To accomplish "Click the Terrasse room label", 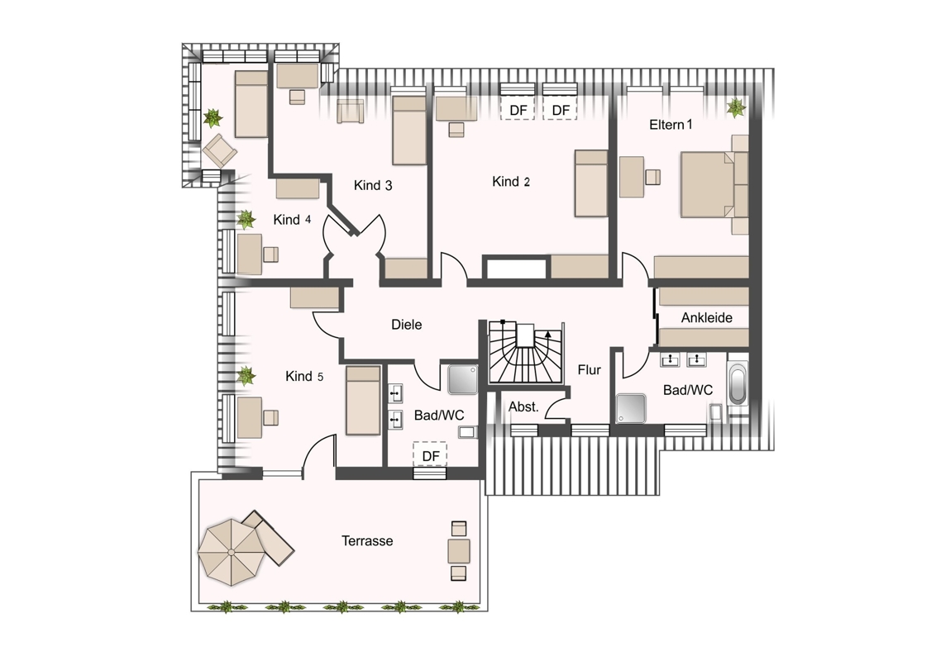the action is [x=367, y=541].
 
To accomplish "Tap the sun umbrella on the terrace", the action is [x=231, y=552].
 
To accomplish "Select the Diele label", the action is [x=407, y=325].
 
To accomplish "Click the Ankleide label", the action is [x=707, y=317].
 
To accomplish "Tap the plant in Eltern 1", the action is [x=736, y=107].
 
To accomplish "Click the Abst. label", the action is [x=523, y=407].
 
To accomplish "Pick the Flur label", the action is [x=590, y=370].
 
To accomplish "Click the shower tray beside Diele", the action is [x=463, y=379].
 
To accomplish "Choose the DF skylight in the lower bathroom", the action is [x=431, y=455].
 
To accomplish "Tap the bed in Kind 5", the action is [x=363, y=400].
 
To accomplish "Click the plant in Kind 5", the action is [x=246, y=376].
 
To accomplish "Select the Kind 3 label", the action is [x=373, y=185].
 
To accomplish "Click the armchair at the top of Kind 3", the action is [x=351, y=111].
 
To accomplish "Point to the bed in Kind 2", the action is [x=591, y=183].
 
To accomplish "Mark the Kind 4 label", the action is [x=292, y=220].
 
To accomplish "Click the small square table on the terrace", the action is [x=458, y=550].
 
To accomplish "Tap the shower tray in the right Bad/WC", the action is [x=631, y=409].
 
